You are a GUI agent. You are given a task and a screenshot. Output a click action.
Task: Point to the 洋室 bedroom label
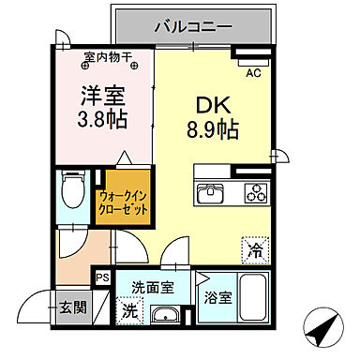pyautogui.click(x=99, y=96)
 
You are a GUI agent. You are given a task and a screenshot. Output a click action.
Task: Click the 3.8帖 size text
pyautogui.click(x=99, y=120)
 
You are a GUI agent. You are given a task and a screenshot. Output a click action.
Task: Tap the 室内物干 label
pyautogui.click(x=103, y=57)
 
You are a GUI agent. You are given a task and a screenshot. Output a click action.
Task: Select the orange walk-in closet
pyautogui.click(x=124, y=200)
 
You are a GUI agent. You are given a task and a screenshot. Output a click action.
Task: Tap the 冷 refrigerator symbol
pyautogui.click(x=255, y=250)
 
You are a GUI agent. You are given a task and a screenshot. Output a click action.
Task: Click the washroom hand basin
pyautogui.click(x=166, y=313)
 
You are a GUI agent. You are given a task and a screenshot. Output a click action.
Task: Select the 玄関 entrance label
pyautogui.click(x=71, y=306)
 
